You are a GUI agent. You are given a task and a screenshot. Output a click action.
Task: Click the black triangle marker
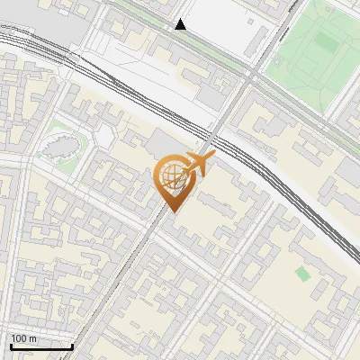coord(181,24)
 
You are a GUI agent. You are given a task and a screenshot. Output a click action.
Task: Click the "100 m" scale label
coord(24,338)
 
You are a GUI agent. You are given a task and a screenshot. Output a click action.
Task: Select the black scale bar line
coord(41,346)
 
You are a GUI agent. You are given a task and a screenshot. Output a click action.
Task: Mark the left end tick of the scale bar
coord(11,345)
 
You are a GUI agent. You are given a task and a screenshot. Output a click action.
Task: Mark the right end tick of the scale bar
coord(72,345)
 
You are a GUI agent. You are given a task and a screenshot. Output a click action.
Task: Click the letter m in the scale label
coord(34,338)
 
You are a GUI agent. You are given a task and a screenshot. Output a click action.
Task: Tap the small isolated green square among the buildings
coord(302,272)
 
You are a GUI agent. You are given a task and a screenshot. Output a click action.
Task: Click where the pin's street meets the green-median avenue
coord(251,73)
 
